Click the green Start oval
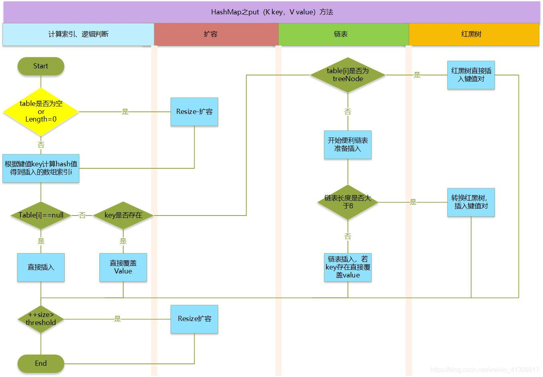(x=41, y=66)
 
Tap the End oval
(x=41, y=363)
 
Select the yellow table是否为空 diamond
(x=41, y=112)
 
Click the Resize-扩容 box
(x=194, y=112)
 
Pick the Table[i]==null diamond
(x=41, y=215)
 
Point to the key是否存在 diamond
(x=123, y=215)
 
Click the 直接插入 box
(x=41, y=267)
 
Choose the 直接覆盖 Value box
(x=123, y=267)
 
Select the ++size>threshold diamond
(x=41, y=319)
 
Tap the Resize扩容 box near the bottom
(x=194, y=319)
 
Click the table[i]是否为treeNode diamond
(x=348, y=75)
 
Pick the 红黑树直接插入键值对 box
(x=471, y=75)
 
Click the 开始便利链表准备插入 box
(x=348, y=145)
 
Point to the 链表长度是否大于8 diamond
(x=348, y=202)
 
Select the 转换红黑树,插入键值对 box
(x=471, y=202)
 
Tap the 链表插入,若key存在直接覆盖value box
(x=348, y=267)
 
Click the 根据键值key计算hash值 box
(x=41, y=168)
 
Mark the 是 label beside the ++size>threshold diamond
(x=117, y=319)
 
